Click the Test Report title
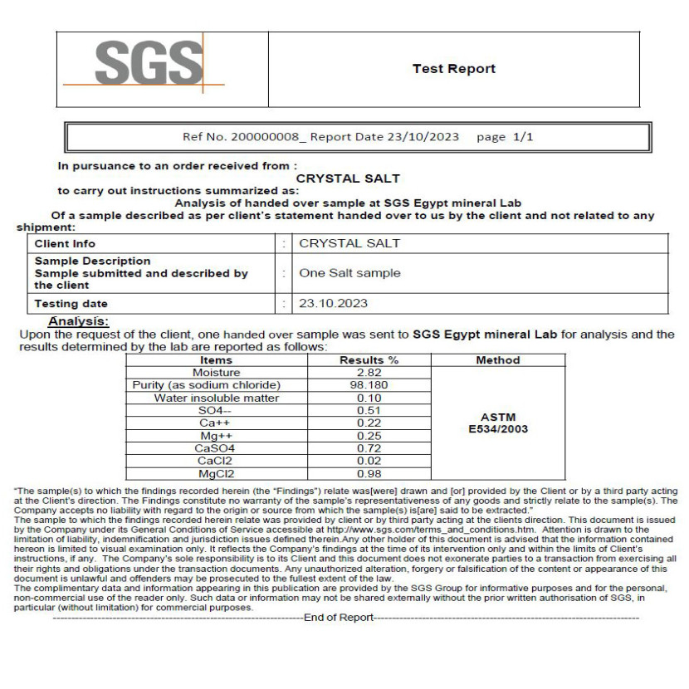453,69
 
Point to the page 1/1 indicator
505,137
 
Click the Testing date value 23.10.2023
333,304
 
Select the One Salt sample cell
349,272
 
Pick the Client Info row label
65,244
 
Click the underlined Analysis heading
78,321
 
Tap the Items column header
217,360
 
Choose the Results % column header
369,360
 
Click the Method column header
498,360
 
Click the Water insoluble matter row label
217,398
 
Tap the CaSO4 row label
217,448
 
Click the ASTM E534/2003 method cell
498,423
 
